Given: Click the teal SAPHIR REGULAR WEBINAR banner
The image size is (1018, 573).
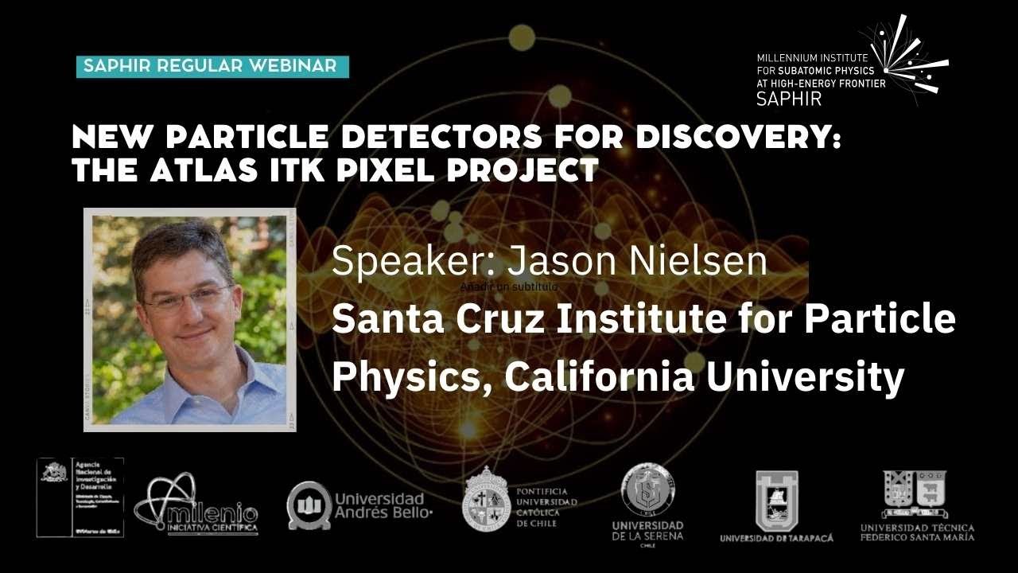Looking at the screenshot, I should pyautogui.click(x=212, y=66).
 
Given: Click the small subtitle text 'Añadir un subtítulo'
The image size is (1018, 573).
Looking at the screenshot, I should pyautogui.click(x=509, y=286).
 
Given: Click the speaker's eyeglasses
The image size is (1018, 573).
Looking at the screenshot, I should pyautogui.click(x=188, y=298).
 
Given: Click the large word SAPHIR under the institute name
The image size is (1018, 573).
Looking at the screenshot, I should pyautogui.click(x=789, y=98).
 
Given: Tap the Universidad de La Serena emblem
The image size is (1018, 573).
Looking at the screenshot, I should pyautogui.click(x=647, y=487).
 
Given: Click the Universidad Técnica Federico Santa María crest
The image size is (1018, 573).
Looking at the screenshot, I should pyautogui.click(x=915, y=493).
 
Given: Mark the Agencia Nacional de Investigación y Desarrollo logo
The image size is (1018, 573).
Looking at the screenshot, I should pyautogui.click(x=80, y=497).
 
